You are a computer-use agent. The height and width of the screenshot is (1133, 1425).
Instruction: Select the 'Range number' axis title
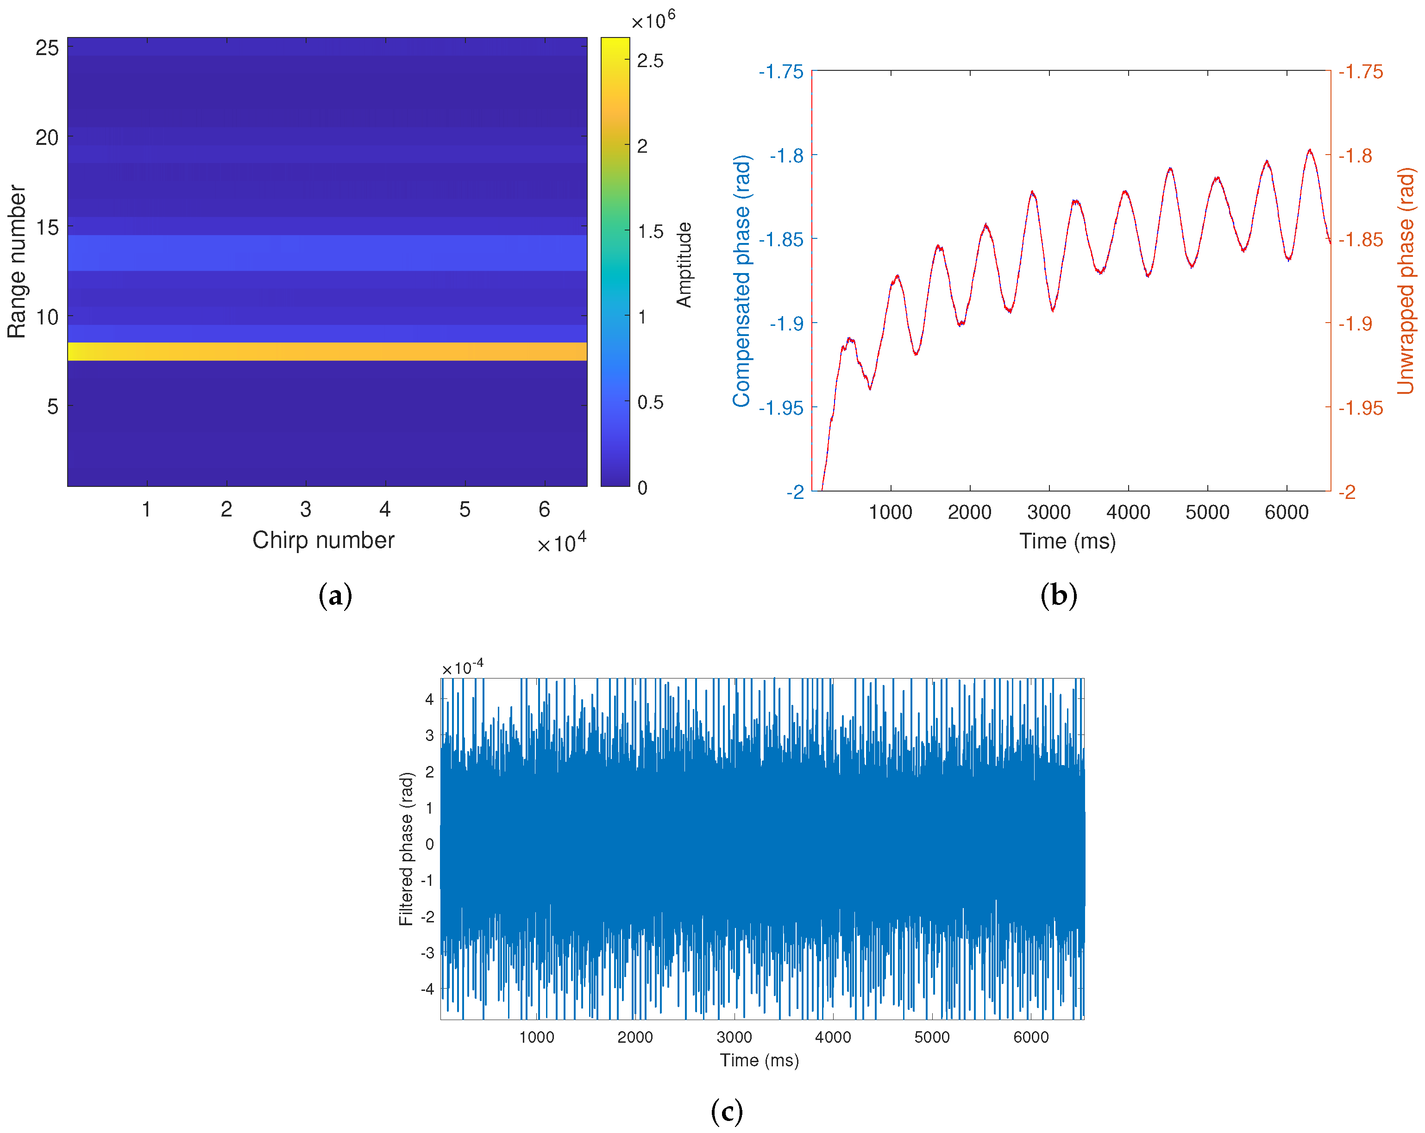click(x=17, y=261)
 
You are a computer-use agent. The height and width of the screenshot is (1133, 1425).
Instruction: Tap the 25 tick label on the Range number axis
click(x=47, y=48)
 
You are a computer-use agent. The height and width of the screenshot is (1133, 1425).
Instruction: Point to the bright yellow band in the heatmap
click(x=327, y=351)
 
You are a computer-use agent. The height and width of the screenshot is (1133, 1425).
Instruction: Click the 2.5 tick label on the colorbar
click(x=650, y=61)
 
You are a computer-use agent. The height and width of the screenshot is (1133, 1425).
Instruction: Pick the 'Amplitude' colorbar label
click(x=684, y=264)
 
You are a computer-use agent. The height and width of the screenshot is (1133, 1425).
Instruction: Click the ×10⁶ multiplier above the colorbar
click(x=653, y=20)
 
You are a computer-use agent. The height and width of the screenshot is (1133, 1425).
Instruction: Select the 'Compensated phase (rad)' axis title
click(x=741, y=281)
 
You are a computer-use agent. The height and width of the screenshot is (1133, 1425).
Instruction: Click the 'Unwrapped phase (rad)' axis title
click(x=1406, y=281)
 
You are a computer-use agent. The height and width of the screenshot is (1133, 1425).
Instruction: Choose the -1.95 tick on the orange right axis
click(x=1360, y=408)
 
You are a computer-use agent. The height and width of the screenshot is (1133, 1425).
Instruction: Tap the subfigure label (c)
click(x=726, y=1111)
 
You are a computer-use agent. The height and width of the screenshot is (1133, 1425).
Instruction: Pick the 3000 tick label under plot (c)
click(x=734, y=1037)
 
